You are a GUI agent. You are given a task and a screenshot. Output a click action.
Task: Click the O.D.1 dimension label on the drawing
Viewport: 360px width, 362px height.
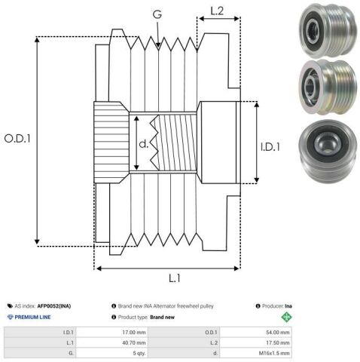[x=17, y=139]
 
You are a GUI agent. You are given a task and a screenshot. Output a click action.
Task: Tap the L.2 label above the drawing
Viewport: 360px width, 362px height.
[x=217, y=11]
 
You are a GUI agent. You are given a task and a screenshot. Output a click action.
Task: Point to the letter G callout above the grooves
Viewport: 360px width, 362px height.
[x=157, y=14]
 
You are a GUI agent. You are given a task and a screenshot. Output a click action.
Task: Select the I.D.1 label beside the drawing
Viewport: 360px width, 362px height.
[x=270, y=147]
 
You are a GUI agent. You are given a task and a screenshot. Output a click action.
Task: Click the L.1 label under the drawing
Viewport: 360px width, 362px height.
[x=175, y=278]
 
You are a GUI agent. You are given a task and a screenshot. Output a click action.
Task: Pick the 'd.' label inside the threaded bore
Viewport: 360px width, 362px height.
[x=144, y=143]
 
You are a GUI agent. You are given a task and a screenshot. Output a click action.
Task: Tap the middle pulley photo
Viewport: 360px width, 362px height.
[x=328, y=87]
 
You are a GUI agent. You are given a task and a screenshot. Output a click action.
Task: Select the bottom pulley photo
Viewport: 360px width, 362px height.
[x=328, y=152]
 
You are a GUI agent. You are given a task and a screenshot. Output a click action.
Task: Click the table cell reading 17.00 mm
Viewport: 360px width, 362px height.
[x=134, y=333]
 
